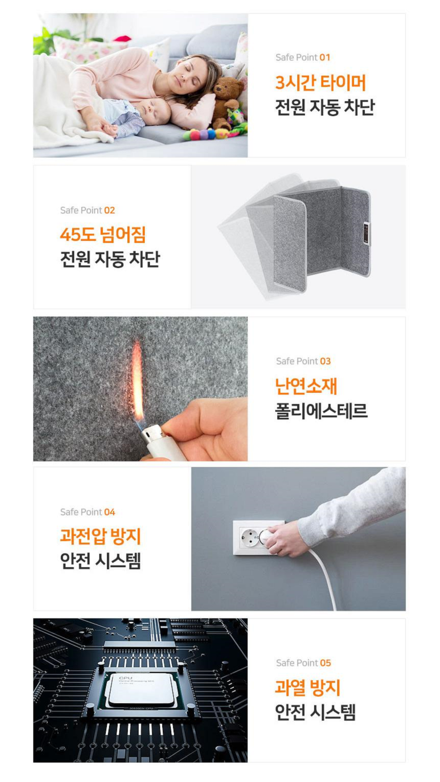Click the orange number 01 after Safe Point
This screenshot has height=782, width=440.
[325, 57]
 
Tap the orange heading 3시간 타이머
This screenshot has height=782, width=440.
[320, 83]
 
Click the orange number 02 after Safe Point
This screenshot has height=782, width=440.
[109, 210]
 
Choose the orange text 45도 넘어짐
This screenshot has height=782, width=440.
[103, 235]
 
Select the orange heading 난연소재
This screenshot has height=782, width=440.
[306, 386]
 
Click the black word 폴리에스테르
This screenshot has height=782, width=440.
[321, 411]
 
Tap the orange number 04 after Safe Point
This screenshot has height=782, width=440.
[109, 512]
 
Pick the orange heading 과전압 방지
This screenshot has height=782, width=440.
[100, 537]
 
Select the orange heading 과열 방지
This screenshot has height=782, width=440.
[307, 687]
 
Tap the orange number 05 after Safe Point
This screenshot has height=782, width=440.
[325, 663]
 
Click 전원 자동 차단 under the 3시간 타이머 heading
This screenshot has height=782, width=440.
[325, 107]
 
